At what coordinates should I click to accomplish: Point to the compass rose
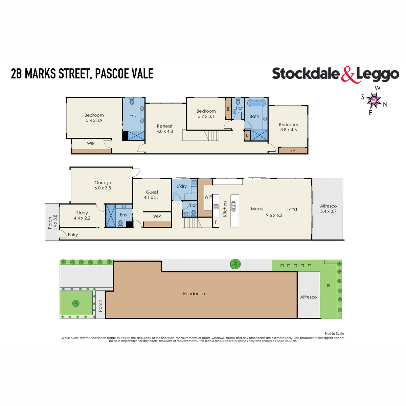pos(374,100)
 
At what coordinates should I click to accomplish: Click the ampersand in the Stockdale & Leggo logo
pos(348,74)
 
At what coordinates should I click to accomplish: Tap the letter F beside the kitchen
pos(216,222)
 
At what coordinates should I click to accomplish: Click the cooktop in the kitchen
pos(216,207)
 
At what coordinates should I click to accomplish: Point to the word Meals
pos(257,209)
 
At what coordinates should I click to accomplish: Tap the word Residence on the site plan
pos(194,294)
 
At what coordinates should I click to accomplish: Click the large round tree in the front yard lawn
pos(76,303)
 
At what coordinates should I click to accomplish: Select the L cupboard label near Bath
pos(247,135)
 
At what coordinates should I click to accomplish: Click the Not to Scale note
pos(334,334)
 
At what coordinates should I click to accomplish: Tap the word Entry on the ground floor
pos(73,234)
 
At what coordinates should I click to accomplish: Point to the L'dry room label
pos(182,186)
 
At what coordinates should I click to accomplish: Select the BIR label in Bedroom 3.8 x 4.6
pos(293,150)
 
